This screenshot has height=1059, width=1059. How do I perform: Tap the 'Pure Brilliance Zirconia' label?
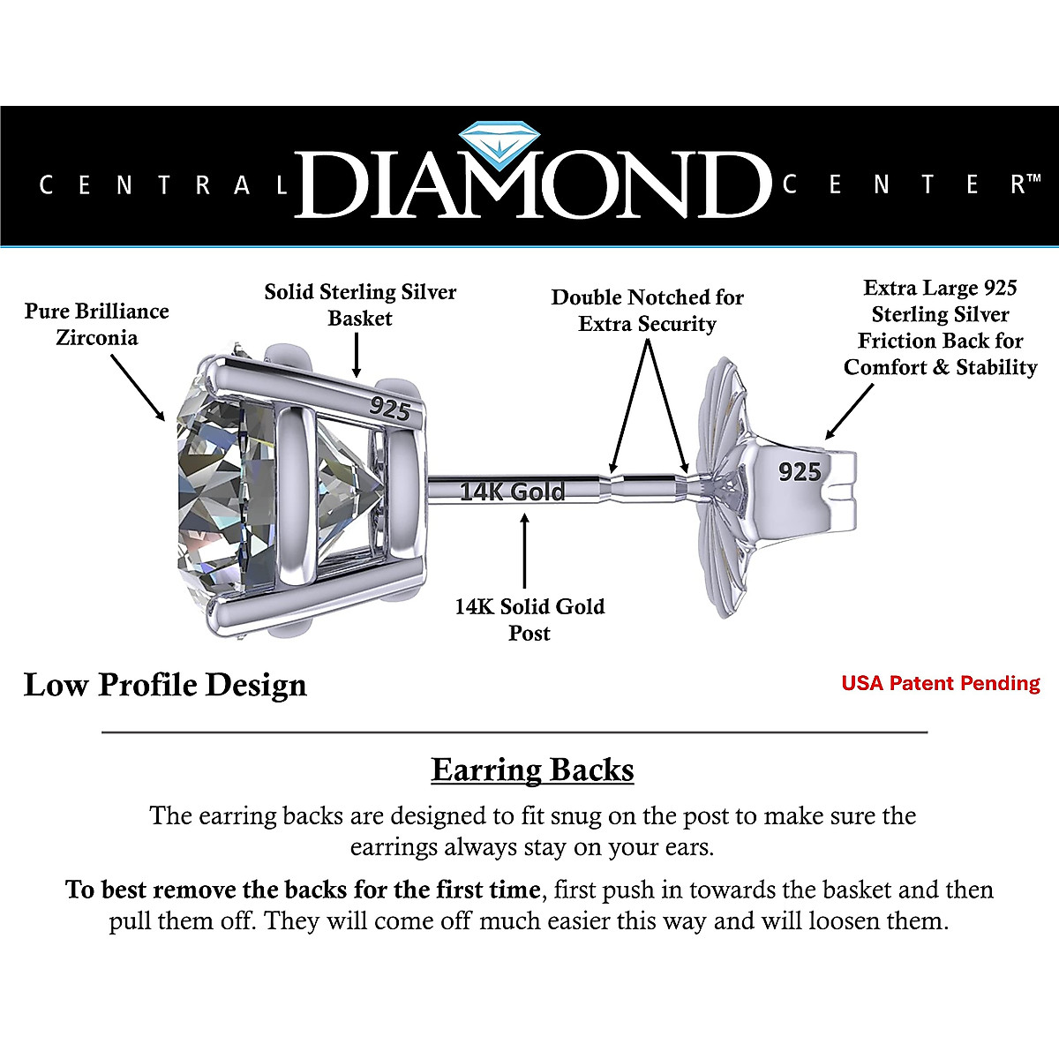point(97,324)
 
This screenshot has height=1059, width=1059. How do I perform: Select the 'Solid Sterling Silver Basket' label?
point(360,304)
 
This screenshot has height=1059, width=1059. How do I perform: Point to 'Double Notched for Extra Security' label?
point(647,310)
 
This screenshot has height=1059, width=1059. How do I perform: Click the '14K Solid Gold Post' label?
point(529,620)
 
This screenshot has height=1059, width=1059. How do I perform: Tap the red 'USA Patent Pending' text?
point(941,683)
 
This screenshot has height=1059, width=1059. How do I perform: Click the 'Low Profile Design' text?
point(165,685)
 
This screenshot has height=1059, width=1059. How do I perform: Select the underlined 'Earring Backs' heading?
point(532,770)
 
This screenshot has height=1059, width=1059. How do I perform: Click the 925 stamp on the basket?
point(390,408)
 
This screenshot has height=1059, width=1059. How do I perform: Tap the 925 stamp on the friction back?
point(800,472)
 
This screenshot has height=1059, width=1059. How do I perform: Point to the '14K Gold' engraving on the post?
point(512,492)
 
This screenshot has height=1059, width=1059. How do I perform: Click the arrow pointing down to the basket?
point(357,357)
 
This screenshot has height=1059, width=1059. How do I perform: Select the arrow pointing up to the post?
point(525,552)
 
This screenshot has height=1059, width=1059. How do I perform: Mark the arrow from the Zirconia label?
point(139,388)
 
